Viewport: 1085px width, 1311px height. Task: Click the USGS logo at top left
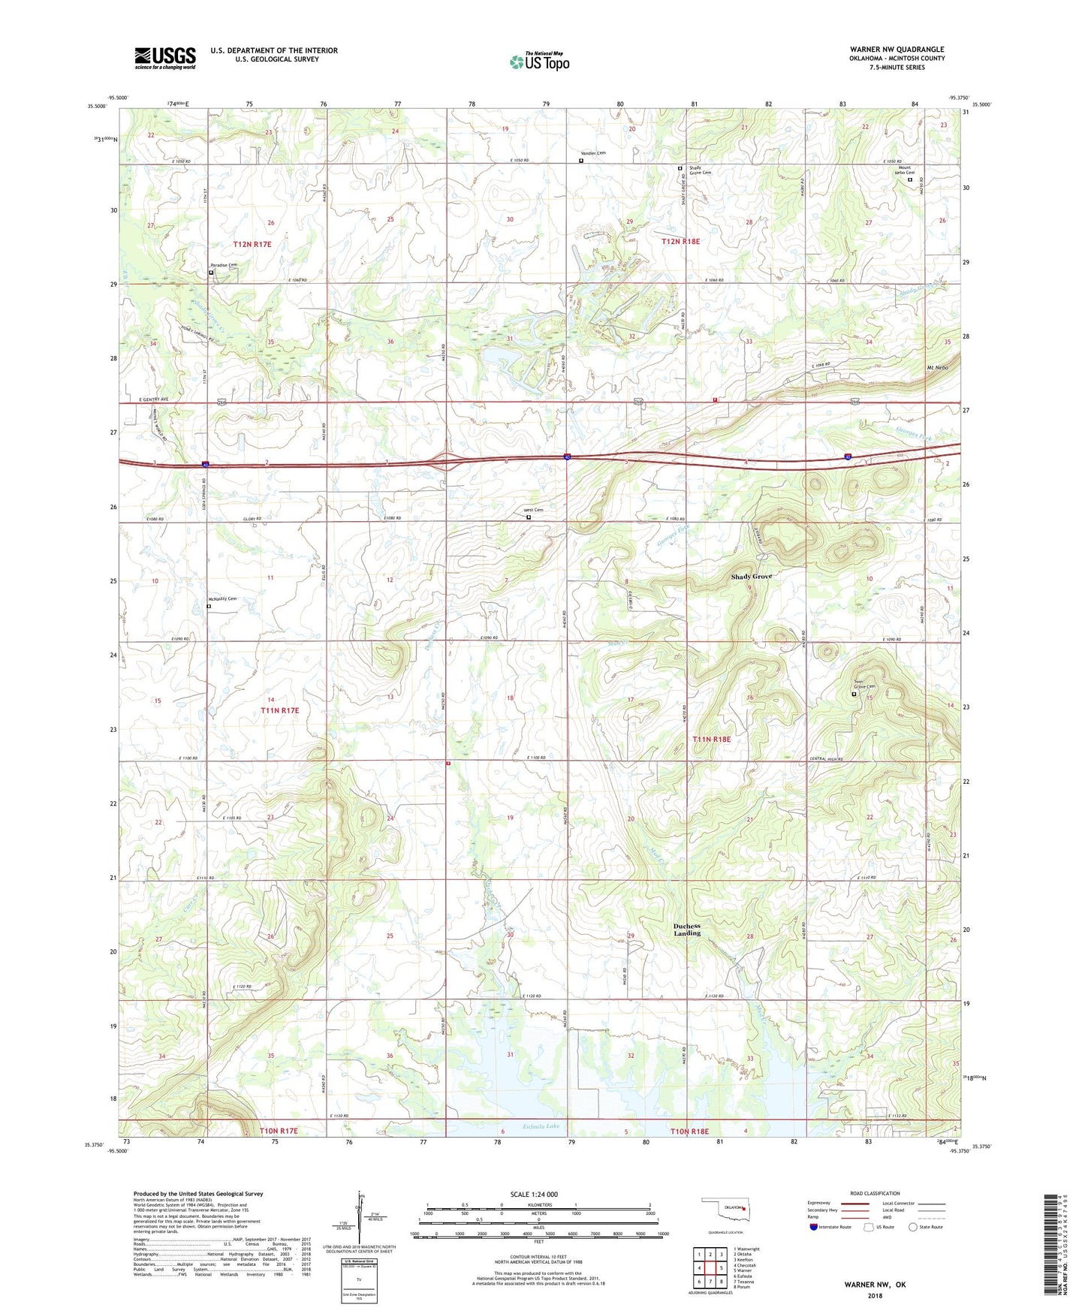tap(165, 58)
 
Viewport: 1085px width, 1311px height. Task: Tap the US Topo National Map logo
tap(540, 61)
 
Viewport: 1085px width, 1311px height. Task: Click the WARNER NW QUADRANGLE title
tap(897, 50)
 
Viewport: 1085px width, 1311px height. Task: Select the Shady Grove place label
tap(751, 577)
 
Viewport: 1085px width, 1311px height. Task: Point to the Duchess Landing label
tap(687, 930)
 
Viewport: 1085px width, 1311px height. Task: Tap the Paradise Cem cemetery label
tap(223, 265)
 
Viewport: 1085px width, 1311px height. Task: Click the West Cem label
tap(534, 511)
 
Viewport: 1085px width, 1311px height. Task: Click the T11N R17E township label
tap(280, 710)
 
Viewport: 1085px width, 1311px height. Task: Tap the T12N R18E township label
tap(680, 242)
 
